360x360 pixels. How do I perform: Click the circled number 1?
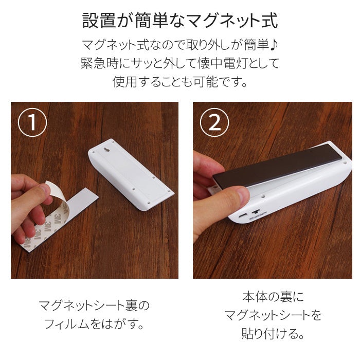point(32,122)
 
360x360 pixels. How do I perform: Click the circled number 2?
point(214,122)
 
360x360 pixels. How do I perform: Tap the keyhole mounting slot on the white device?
point(107,150)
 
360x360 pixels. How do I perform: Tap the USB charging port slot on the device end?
point(242,216)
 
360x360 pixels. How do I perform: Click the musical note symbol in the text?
point(274,45)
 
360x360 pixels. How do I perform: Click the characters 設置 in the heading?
point(99,21)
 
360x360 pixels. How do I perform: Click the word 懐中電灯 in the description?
point(223,63)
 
